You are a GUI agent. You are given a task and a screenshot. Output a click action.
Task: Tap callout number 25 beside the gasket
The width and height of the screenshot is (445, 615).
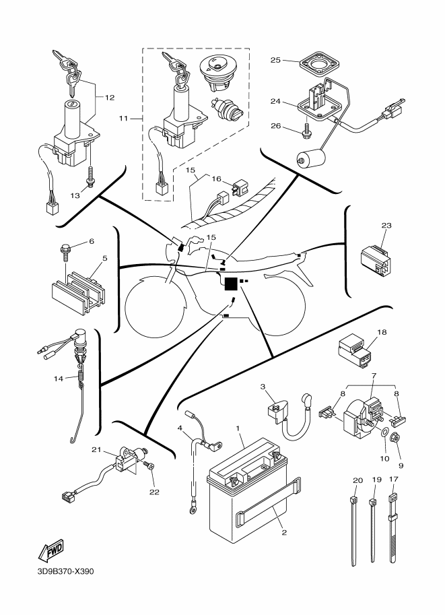275,61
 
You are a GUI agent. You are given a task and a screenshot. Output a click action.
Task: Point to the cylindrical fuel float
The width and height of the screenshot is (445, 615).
310,160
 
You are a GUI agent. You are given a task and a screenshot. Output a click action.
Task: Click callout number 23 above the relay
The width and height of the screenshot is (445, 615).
386,226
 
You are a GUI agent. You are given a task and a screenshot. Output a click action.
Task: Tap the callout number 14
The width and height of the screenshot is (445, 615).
59,379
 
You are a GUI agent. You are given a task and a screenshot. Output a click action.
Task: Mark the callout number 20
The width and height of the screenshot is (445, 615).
357,480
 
